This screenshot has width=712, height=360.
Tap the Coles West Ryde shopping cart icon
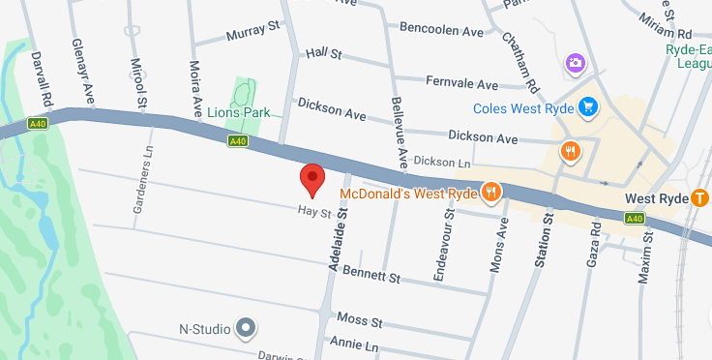[587, 106]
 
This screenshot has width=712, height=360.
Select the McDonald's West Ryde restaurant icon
[491, 192]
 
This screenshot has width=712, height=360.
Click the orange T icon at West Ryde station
[701, 197]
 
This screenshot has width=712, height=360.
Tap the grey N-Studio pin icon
[247, 329]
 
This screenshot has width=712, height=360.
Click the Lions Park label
[239, 112]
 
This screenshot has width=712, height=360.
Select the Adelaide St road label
[338, 245]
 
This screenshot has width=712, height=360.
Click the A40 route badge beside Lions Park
[238, 141]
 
